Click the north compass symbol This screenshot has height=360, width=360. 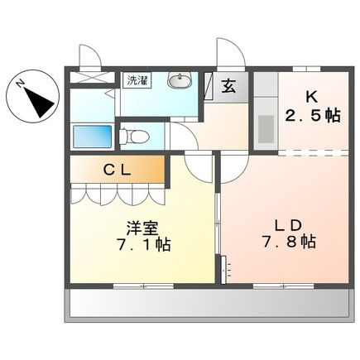(33, 97)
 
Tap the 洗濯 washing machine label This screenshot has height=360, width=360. (137, 80)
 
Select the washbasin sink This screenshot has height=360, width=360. (180, 80)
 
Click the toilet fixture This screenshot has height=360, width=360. (134, 137)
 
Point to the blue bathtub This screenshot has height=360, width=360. (93, 137)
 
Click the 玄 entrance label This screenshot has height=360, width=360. (228, 86)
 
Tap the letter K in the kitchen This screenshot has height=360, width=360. (311, 97)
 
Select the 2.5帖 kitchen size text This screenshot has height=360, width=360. (312, 116)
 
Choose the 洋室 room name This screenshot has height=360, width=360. (142, 228)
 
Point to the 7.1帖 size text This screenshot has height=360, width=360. (143, 244)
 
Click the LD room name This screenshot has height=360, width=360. (287, 226)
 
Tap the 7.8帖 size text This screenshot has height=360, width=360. (289, 242)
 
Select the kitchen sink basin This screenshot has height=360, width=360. (266, 129)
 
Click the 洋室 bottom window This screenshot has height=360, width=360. (143, 286)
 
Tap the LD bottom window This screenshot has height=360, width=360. (283, 286)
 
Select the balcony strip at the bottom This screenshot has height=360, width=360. (209, 305)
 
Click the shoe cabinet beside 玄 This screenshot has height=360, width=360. (209, 86)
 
